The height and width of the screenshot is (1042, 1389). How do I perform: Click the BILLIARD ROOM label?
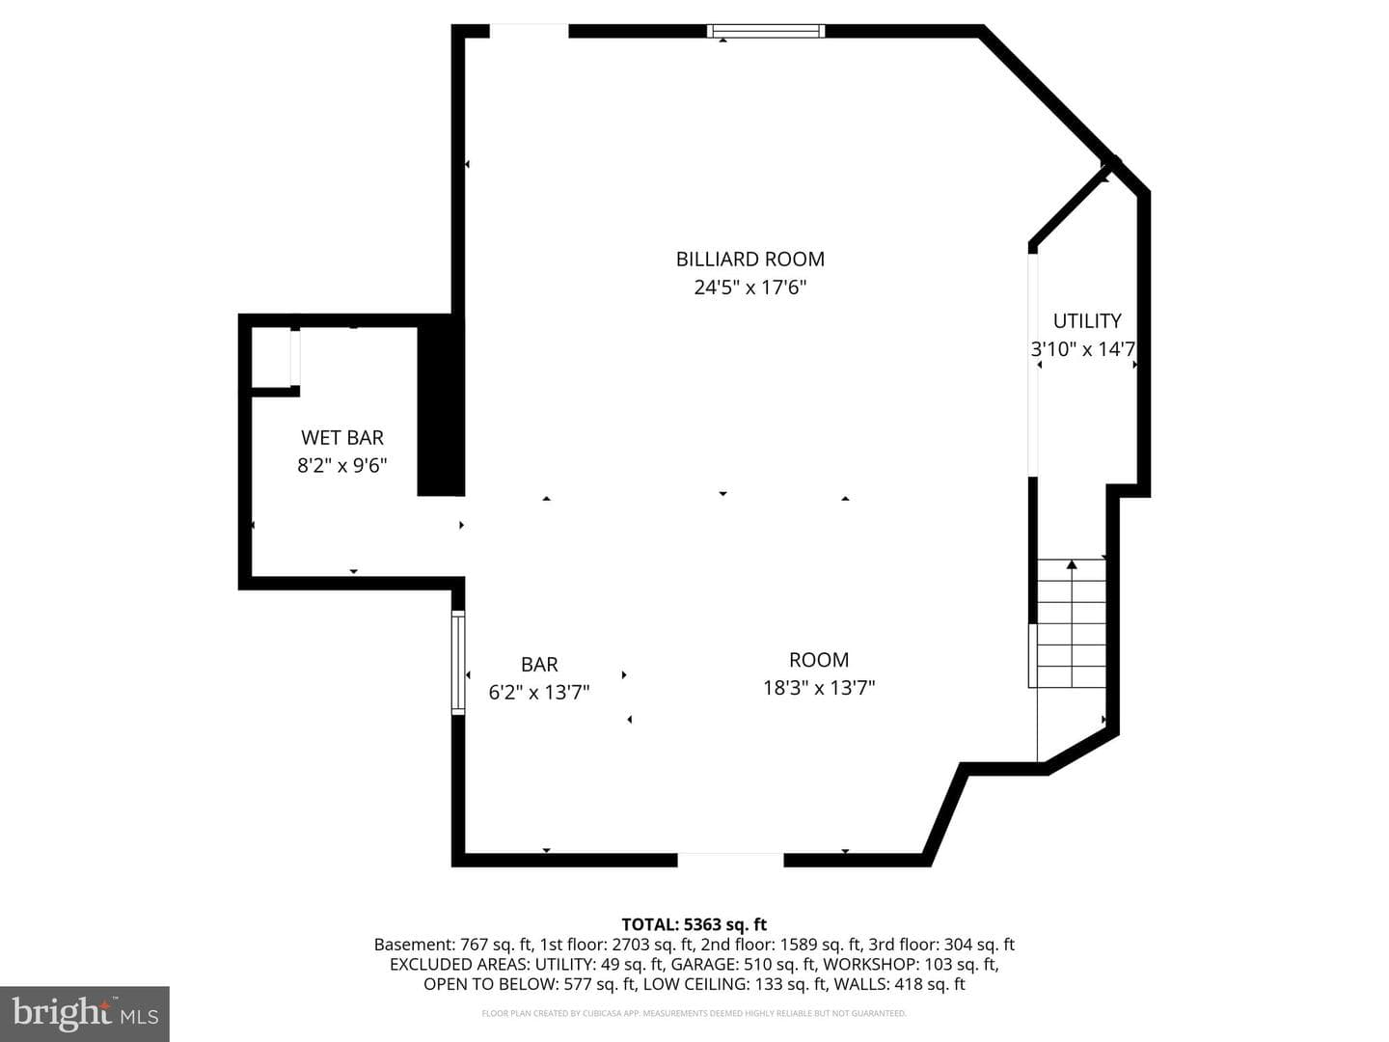coord(749,260)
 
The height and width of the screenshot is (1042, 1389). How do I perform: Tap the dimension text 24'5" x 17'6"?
coord(749,288)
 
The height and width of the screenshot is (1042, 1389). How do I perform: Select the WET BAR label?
coord(342,438)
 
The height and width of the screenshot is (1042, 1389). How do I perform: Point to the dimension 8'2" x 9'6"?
coord(342,466)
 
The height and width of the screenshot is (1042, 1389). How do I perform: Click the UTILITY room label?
coord(1087,321)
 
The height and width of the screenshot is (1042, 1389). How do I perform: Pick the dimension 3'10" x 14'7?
coord(1083,349)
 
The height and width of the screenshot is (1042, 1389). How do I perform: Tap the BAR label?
coord(540,665)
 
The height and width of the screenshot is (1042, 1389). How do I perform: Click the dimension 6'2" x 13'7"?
coord(539,693)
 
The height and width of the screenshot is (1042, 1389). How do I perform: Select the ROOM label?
coord(819,661)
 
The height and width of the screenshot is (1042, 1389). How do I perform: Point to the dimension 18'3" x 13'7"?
coord(819,688)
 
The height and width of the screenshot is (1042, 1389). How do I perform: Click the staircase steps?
coord(1072,623)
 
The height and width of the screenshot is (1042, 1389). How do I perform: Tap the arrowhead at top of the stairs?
coord(1072,564)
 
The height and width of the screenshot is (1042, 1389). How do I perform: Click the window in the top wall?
coord(766,31)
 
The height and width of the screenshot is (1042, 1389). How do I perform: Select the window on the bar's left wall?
coord(458,663)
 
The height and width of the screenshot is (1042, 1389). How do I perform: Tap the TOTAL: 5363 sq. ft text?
coord(694,925)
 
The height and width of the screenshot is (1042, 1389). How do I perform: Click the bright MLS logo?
coord(85,1013)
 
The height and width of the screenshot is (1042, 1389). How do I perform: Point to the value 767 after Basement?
coord(474,945)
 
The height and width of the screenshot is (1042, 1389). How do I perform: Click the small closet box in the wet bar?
coord(272,358)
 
